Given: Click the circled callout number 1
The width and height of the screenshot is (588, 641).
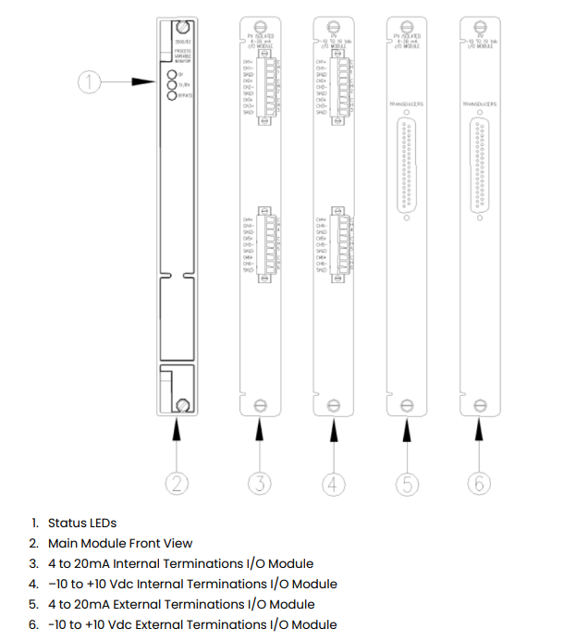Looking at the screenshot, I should tap(87, 82).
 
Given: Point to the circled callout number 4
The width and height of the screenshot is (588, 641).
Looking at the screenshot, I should tap(335, 482).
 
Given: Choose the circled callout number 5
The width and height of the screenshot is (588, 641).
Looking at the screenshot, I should tap(406, 482).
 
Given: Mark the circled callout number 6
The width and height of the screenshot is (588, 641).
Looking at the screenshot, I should tap(480, 482).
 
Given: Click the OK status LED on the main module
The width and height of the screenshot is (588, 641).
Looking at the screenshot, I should tap(170, 75).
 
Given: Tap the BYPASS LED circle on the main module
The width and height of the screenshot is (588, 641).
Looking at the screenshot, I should tap(170, 94).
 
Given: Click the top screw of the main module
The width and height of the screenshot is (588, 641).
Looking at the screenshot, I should tap(184, 27).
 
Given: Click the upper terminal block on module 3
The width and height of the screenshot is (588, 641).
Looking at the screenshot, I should tap(269, 88).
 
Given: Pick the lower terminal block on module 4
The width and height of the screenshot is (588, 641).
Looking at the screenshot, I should tap(343, 244).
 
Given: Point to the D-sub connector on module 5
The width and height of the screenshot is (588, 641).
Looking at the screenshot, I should tap(405, 168).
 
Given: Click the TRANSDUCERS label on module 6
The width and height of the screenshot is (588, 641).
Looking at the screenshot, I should tap(479, 105).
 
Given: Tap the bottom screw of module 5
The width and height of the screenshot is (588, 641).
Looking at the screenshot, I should tap(406, 404).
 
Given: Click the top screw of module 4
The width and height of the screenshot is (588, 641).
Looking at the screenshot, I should tap(334, 26).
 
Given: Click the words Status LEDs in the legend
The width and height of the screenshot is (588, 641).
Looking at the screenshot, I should tap(82, 524).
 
